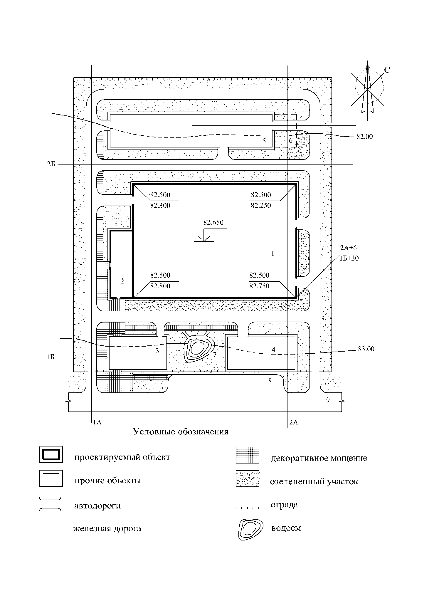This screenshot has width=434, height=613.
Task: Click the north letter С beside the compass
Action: pos(387,70)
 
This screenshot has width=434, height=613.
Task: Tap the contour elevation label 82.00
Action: pos(365,137)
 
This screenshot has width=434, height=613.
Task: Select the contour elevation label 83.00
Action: pos(366,349)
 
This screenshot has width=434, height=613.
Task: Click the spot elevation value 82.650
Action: pos(213,222)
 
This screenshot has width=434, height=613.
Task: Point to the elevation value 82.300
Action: pos(160,206)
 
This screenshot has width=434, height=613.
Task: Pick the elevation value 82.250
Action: pos(261,206)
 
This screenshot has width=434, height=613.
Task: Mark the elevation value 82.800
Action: pos(160,286)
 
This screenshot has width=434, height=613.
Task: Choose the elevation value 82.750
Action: pos(260,286)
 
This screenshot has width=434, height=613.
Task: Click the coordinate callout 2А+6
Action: pos(348,248)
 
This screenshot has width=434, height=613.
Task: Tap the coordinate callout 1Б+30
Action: pos(349,258)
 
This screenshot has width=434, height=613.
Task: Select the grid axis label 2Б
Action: pos(51,164)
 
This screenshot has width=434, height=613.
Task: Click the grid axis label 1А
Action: pos(97,422)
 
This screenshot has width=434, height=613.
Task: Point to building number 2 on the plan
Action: pos(122,281)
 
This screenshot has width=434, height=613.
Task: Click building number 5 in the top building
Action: pos(264,141)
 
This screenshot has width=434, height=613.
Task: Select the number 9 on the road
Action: pos(328,400)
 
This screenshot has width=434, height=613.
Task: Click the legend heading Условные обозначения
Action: pos(181,432)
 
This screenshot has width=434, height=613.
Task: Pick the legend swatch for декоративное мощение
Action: pos(248,455)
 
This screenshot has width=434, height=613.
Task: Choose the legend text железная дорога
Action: pos(107,529)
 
